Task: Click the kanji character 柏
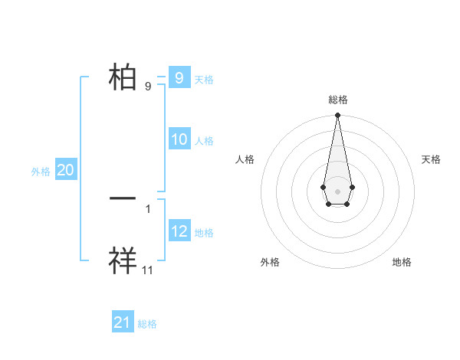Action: click(x=123, y=77)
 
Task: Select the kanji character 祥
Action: click(x=123, y=260)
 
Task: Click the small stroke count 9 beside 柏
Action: click(x=148, y=87)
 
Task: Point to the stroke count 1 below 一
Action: click(x=148, y=208)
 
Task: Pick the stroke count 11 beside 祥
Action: click(x=148, y=270)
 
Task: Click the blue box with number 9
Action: click(x=179, y=77)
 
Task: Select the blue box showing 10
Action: click(x=179, y=139)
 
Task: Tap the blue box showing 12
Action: click(x=179, y=231)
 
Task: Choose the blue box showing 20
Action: click(x=65, y=170)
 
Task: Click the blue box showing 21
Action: click(x=122, y=322)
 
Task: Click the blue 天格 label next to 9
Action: click(x=204, y=80)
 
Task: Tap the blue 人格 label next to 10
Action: click(x=204, y=141)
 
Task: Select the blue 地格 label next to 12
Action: click(x=204, y=233)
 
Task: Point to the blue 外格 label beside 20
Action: click(x=41, y=172)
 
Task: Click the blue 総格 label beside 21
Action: click(x=147, y=324)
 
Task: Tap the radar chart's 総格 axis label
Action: click(x=337, y=100)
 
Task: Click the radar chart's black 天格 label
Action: click(x=431, y=159)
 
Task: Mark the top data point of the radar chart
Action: click(x=337, y=115)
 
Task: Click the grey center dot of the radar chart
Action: click(x=337, y=191)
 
